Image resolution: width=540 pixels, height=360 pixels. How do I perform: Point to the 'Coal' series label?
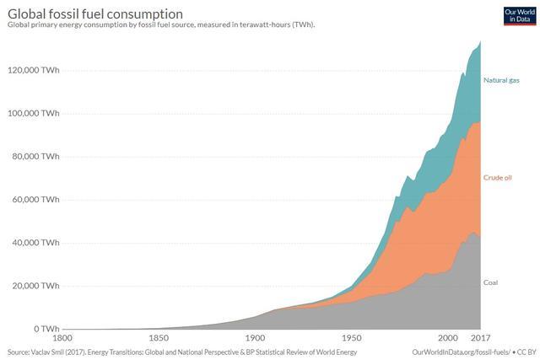(x=491, y=282)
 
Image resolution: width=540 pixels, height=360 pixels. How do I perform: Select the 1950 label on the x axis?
(x=351, y=339)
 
